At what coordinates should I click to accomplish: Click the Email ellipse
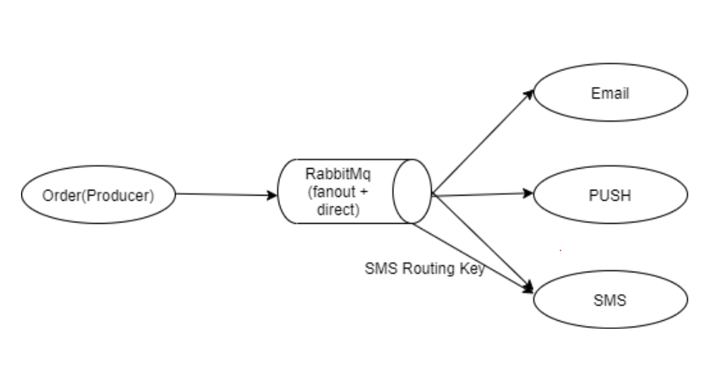pos(609,93)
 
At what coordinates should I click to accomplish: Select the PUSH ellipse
pos(609,195)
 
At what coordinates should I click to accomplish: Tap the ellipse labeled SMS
pos(609,299)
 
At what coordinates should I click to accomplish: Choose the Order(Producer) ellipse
pos(99,195)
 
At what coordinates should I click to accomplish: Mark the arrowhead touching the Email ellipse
pos(531,93)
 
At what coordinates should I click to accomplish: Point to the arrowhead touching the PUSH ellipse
pos(530,193)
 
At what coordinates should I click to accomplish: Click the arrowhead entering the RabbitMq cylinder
pos(273,194)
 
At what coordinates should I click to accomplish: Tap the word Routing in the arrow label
pos(427,269)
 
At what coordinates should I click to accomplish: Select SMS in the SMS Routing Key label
pos(377,269)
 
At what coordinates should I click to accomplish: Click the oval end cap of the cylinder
pos(412,192)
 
